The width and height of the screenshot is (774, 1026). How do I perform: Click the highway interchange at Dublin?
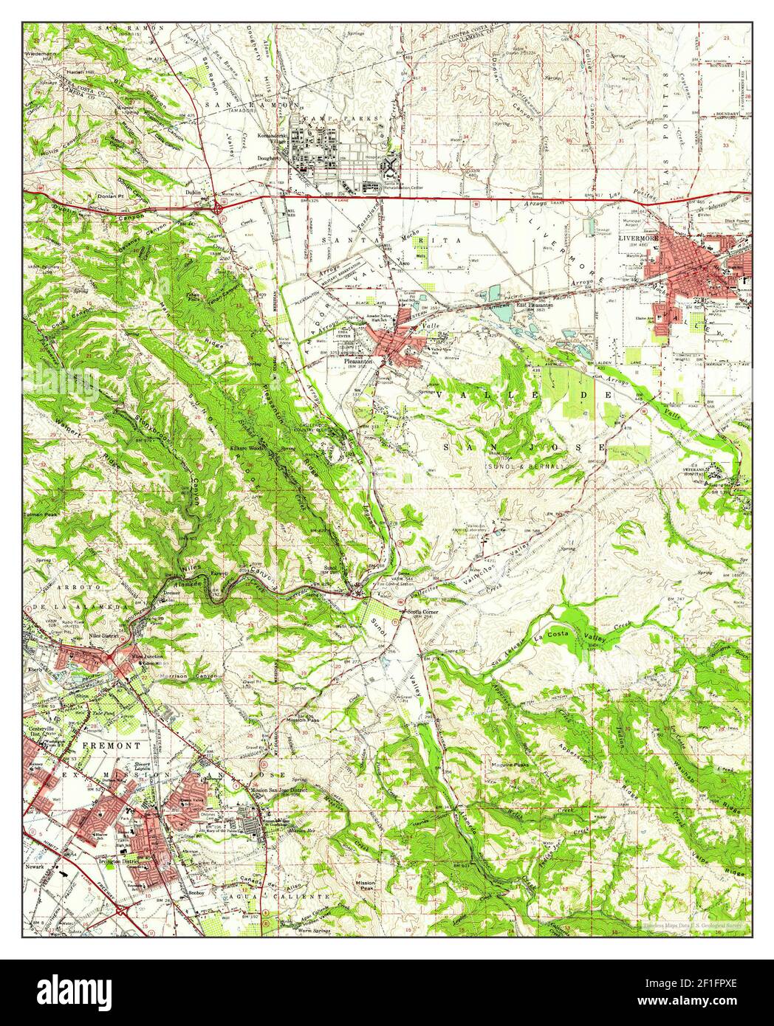tap(220, 210)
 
